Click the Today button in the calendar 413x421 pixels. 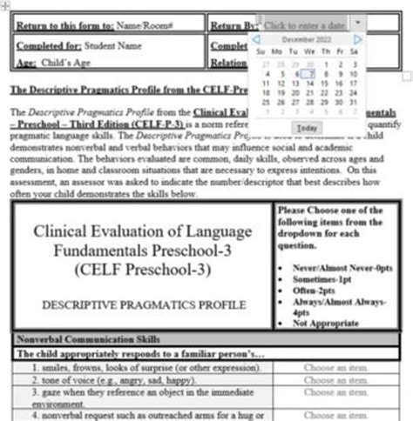pyautogui.click(x=305, y=128)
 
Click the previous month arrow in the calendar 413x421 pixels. pyautogui.click(x=256, y=39)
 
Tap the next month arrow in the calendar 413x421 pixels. pyautogui.click(x=357, y=39)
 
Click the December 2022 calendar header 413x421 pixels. pyautogui.click(x=306, y=39)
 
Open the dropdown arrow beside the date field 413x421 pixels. pyautogui.click(x=357, y=23)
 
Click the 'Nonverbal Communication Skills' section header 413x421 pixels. pyautogui.click(x=78, y=340)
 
